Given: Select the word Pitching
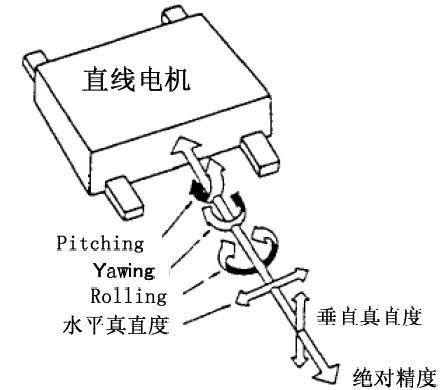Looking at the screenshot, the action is click(87, 242).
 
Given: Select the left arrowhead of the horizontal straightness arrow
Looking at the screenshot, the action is click(245, 298).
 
